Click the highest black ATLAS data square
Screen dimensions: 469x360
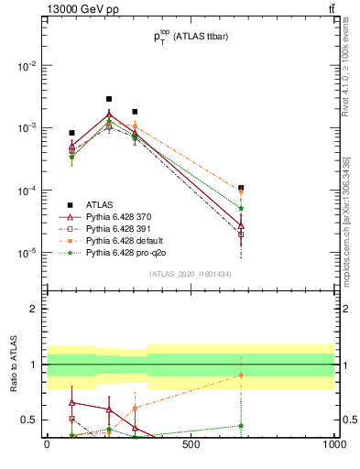point(109,99)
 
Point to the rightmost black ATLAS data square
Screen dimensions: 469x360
point(241,188)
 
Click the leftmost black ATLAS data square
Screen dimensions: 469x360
point(71,133)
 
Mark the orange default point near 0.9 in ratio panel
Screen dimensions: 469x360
point(241,375)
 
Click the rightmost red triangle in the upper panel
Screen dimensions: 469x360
point(241,224)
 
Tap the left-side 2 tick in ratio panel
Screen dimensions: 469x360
point(34,309)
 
